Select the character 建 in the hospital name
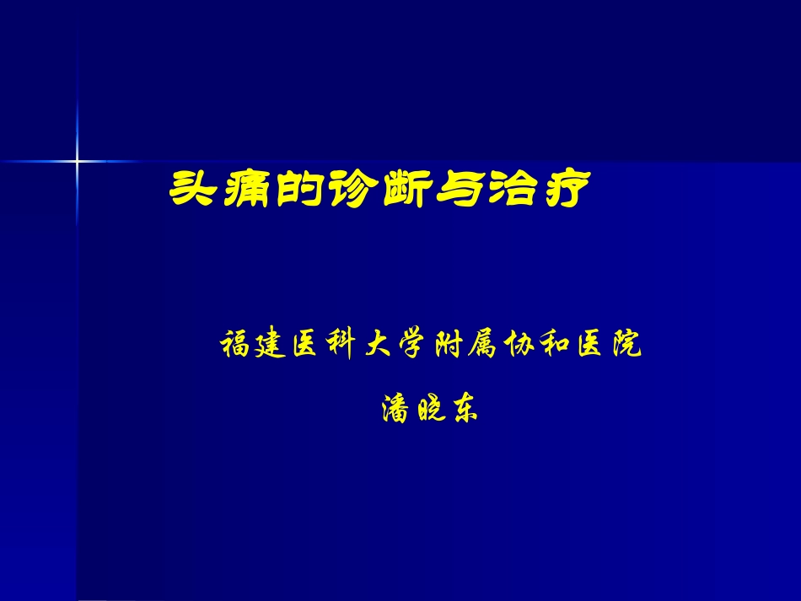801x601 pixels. [274, 345]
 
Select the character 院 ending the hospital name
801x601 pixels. [625, 345]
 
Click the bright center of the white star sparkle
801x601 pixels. [77, 160]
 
